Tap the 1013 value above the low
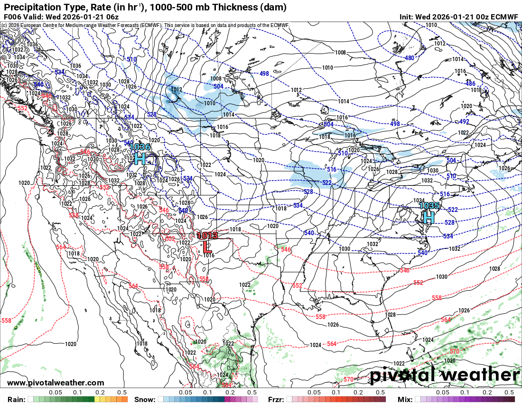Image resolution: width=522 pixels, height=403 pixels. [x=207, y=235]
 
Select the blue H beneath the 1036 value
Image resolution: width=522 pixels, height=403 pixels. [x=140, y=159]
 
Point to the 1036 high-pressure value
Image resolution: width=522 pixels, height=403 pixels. [x=140, y=147]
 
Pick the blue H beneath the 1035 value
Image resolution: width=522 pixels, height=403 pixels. [x=429, y=218]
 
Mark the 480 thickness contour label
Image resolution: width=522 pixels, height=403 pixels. [x=409, y=58]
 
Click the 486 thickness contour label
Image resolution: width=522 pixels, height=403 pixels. [x=470, y=83]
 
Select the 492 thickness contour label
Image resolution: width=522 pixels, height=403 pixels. [x=464, y=121]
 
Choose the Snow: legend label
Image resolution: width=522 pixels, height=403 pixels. [x=144, y=399]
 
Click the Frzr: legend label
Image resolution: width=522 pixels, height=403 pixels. [x=277, y=399]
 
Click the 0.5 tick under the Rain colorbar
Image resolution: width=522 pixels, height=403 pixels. [x=122, y=393]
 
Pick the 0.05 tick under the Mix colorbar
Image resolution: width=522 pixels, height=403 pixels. [x=442, y=393]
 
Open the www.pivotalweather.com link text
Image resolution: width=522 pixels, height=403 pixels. [x=56, y=383]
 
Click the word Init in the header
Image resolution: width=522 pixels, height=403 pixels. [x=406, y=17]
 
